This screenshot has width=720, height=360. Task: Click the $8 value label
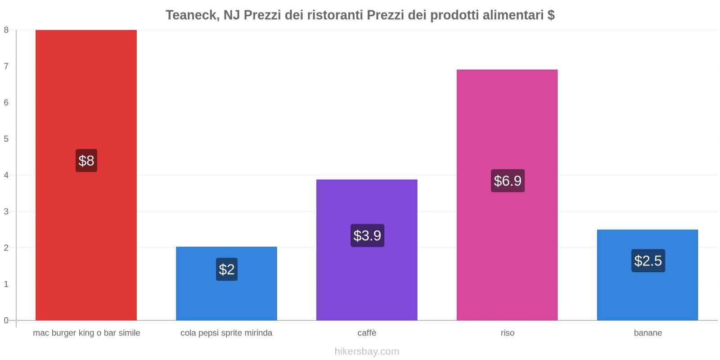coord(86,161)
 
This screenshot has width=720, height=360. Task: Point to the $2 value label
coord(226,269)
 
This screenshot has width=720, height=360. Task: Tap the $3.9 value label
coord(367,235)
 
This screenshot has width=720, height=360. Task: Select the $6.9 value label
coord(508,181)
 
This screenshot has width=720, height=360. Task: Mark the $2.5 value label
coord(648,261)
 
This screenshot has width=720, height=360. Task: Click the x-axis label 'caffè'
coord(367,333)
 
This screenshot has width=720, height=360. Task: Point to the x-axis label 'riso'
coord(507,333)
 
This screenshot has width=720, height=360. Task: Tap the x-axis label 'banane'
coord(648,333)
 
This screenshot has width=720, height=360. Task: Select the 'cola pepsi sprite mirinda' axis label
coord(226,333)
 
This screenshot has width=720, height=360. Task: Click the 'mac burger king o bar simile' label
coord(86,333)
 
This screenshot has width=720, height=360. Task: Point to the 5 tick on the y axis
coord(6,139)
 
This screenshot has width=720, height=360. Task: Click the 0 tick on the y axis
coord(6,320)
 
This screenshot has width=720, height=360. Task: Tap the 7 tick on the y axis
coord(6,66)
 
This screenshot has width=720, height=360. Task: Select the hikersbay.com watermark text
coord(367,351)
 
